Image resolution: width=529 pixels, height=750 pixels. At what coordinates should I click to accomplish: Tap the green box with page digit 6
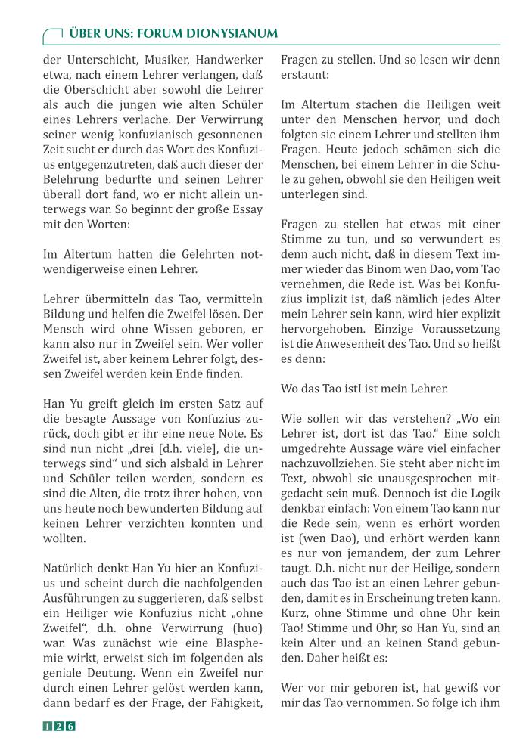[x=70, y=727]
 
